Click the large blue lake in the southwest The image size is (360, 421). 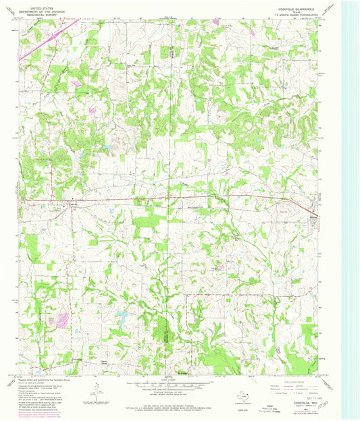(x=125, y=315)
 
